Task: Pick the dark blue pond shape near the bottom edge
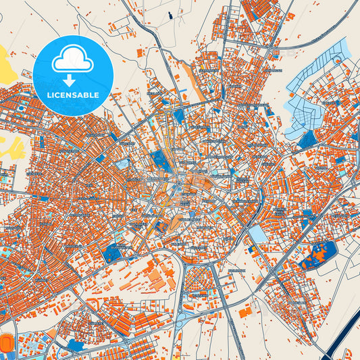coord(75,346)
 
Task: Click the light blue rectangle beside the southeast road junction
coord(257,234)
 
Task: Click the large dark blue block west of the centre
coord(161,160)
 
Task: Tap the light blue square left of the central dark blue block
coord(122,164)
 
